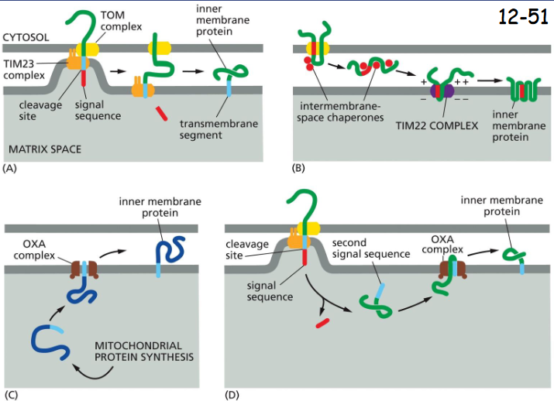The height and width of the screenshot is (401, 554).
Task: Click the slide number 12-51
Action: pos(523,17)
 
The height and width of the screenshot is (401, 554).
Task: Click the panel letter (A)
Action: pos(11,167)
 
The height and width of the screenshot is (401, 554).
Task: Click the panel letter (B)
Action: pos(298,167)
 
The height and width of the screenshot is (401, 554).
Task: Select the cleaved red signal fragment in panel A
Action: pos(160,115)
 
